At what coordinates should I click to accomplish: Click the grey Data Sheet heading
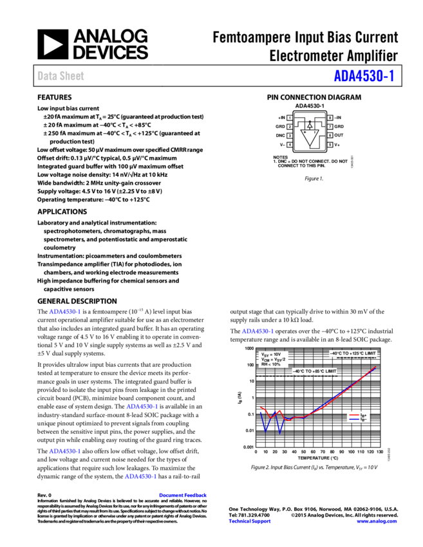coord(61,76)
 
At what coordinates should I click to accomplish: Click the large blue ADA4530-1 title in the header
coord(363,76)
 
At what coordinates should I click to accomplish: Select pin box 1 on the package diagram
coord(290,118)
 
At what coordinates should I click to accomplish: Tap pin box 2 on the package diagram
coord(290,127)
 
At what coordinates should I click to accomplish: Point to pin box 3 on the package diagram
coord(290,136)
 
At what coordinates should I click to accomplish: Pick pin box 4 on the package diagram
coord(290,145)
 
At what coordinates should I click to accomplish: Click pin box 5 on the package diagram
coord(330,145)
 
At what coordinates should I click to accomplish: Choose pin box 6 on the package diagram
coord(330,136)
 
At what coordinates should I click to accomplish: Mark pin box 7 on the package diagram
coord(330,127)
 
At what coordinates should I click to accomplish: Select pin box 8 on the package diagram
coord(330,118)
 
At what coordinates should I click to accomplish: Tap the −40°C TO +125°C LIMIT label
coord(353,353)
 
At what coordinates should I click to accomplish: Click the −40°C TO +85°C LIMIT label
coord(314,371)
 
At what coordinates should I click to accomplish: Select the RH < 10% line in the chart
coord(270,364)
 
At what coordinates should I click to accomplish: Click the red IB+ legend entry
coord(358,416)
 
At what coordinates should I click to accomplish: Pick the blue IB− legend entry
coord(358,420)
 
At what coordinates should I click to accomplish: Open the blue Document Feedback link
coord(183,496)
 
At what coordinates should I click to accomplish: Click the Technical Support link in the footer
coord(250,521)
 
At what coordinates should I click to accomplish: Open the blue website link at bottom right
coord(377,521)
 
